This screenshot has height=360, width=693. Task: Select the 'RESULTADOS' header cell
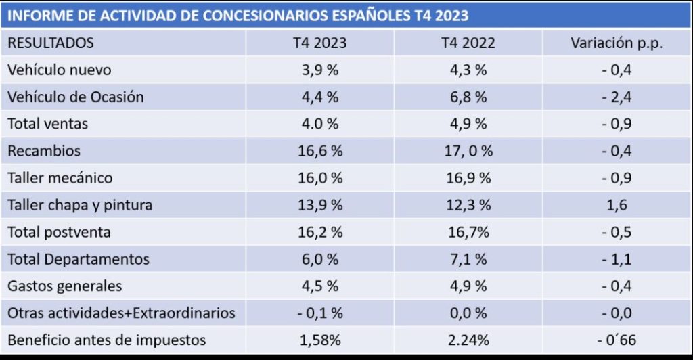51,43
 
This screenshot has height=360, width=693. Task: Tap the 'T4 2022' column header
468,43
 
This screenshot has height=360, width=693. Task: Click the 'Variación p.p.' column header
616,43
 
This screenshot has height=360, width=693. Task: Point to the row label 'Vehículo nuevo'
59,70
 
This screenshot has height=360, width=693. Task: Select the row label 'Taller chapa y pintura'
80,205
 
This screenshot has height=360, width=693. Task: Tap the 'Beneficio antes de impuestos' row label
106,340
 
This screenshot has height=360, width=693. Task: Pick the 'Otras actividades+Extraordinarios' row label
121,313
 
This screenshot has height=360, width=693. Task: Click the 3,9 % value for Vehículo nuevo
319,70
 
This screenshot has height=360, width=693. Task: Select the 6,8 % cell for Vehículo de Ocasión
468,97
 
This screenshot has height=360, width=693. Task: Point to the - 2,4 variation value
616,97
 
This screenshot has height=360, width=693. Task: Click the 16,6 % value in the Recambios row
319,151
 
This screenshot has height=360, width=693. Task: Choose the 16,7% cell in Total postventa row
468,232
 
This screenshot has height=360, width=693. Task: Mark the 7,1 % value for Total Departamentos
468,259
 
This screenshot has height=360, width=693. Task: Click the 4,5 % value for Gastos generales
319,286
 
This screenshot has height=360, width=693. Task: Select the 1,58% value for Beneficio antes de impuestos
319,340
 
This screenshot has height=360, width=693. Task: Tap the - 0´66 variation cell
616,340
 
